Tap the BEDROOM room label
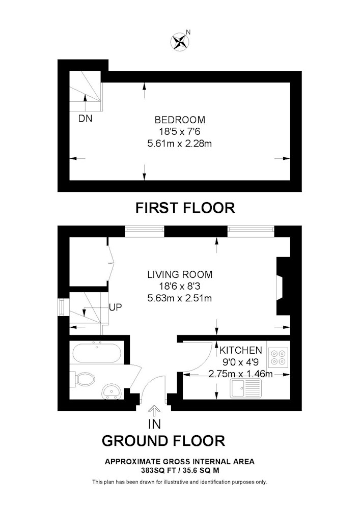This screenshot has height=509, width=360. tap(180, 120)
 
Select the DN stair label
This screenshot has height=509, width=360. tap(86, 119)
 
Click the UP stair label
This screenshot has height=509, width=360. tap(116, 307)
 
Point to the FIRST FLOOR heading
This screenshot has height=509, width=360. tap(185, 208)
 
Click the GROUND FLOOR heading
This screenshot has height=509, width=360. tap(163, 441)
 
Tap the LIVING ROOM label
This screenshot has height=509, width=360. tap(180, 274)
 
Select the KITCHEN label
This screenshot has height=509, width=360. tap(241, 350)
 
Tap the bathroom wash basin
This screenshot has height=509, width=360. tap(112, 391)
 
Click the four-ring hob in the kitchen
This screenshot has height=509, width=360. tap(278, 357)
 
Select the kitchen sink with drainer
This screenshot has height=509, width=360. tap(246, 388)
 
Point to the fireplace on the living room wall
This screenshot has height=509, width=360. tap(280, 286)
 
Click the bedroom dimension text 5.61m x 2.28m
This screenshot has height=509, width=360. tap(180, 143)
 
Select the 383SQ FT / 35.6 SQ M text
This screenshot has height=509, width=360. tap(180, 470)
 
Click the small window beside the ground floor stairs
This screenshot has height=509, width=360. tap(61, 307)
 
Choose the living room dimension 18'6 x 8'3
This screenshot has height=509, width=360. tap(180, 286)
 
